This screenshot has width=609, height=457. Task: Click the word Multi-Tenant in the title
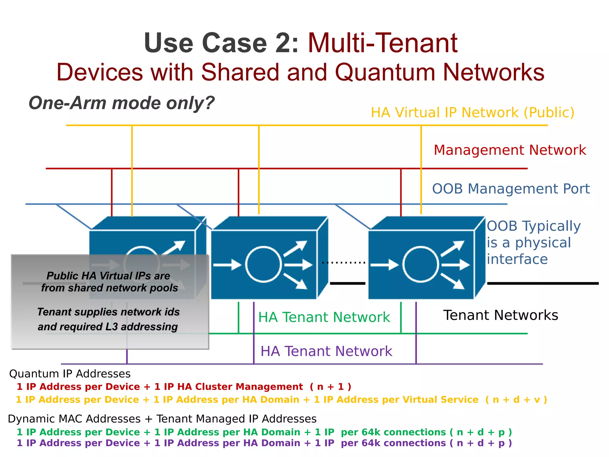[x=382, y=43]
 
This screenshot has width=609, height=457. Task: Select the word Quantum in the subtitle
[x=386, y=72]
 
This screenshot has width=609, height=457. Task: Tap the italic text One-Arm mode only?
[x=121, y=103]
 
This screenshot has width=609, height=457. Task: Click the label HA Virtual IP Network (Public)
[x=473, y=113]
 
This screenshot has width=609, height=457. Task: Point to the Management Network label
[x=510, y=150]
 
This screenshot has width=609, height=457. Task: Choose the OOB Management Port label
[x=511, y=189]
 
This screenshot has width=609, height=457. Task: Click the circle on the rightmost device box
[x=420, y=264]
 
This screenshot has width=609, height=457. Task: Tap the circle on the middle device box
[x=263, y=264]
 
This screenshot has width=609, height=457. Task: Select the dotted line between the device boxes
[x=343, y=263]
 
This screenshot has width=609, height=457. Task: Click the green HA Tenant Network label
[x=324, y=317]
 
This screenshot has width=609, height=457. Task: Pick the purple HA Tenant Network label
[x=326, y=351]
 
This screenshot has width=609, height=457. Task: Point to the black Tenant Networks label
[x=500, y=315]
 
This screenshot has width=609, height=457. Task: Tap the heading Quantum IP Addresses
[x=70, y=374]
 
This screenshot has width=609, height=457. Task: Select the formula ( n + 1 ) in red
[x=330, y=387]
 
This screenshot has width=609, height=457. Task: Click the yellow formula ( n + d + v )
[x=516, y=400]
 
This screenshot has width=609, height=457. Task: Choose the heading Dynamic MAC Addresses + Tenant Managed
[x=162, y=419]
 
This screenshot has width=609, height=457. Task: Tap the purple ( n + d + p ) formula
[x=481, y=443]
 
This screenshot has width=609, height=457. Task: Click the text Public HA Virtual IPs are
[x=108, y=276]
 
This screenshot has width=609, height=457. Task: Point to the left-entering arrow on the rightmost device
[x=384, y=264]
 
